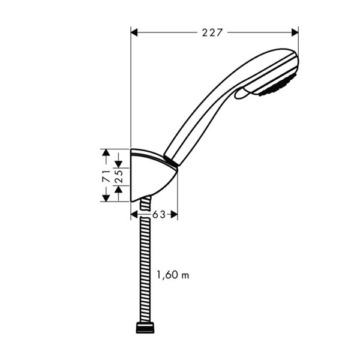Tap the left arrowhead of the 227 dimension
[x=135, y=33]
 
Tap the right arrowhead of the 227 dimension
[x=294, y=33]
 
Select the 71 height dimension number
[x=105, y=176]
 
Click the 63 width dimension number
[x=158, y=214]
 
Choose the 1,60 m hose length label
[x=172, y=275]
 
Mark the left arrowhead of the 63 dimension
[x=134, y=214]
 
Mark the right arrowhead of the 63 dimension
[x=174, y=214]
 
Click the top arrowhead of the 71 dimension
[x=106, y=153]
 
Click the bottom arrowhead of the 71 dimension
[x=106, y=198]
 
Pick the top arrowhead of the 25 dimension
[x=119, y=163]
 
